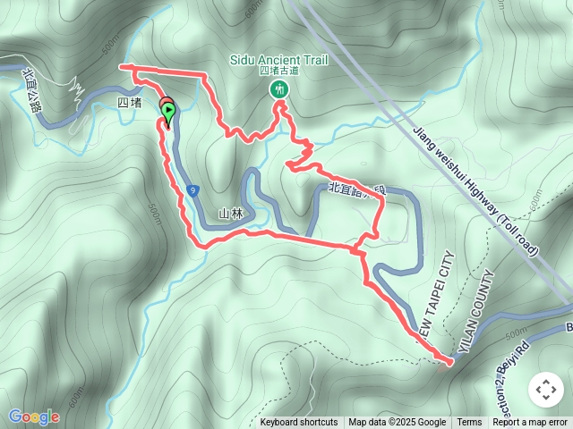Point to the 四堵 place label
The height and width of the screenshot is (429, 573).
[x=129, y=103]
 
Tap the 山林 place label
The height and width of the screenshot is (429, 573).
[x=231, y=214]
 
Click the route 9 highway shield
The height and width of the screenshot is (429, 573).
[x=193, y=189]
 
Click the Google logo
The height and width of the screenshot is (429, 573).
[x=33, y=416]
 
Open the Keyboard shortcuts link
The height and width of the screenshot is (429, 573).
[x=299, y=423]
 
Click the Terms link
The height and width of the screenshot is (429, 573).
[x=469, y=423]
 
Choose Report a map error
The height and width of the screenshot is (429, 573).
[x=530, y=423]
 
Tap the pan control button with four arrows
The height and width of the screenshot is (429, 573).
[x=545, y=390]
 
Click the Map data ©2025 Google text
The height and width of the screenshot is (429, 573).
[x=398, y=423]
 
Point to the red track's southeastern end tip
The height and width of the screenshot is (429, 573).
[x=449, y=362]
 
